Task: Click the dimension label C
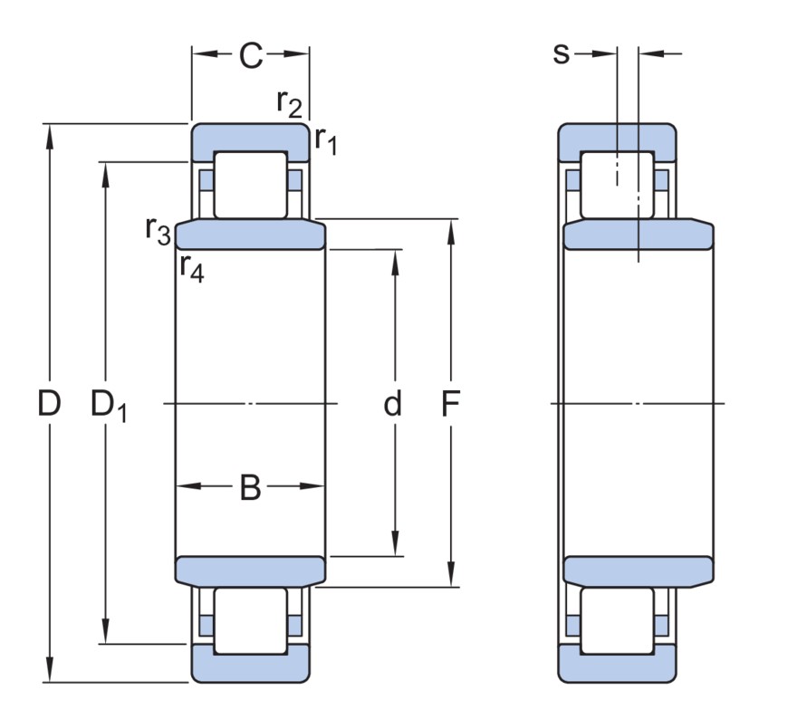tap(250, 56)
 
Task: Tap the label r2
tap(289, 103)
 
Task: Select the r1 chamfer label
tap(325, 139)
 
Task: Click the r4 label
tap(191, 267)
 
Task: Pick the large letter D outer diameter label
tap(49, 404)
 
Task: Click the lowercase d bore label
tap(392, 404)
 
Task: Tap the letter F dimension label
tap(451, 404)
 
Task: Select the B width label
tap(250, 488)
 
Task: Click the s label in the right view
tap(562, 54)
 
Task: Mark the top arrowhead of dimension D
tap(49, 132)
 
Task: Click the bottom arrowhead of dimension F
tap(451, 578)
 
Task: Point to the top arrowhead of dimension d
tap(396, 259)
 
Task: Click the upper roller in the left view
tap(250, 185)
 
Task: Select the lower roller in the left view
tap(250, 621)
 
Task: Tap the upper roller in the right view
tap(617, 185)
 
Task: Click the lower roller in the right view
tap(617, 621)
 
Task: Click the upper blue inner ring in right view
tap(638, 235)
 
